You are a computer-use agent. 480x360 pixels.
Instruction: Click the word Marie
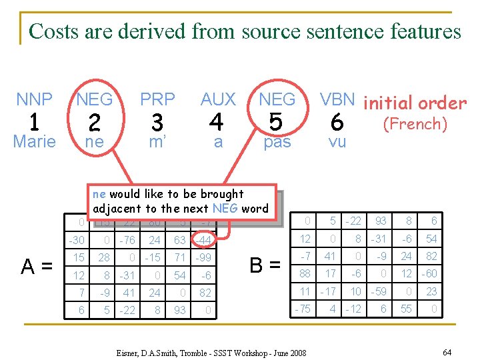tap(34, 142)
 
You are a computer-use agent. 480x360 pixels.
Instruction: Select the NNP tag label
tap(34, 100)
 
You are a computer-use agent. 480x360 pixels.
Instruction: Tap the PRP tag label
tap(157, 100)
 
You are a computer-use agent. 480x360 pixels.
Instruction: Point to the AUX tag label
tap(218, 100)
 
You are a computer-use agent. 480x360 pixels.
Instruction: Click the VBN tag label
tap(337, 100)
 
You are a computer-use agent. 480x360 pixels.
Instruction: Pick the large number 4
tap(216, 123)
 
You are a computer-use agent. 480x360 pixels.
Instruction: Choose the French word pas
tap(277, 143)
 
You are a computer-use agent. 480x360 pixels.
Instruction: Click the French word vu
tap(337, 142)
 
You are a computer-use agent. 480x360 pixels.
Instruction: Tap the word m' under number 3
tap(157, 142)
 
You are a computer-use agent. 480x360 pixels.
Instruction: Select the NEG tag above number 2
tap(95, 100)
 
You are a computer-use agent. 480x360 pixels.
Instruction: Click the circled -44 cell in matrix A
tap(203, 240)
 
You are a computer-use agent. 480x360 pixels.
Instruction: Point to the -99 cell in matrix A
tap(203, 257)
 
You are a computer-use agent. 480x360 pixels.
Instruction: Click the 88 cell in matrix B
tap(306, 273)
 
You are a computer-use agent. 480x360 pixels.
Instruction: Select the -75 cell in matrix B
tap(304, 309)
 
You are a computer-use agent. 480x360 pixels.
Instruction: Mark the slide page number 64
tap(446, 351)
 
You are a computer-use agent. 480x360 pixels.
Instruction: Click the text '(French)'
tap(414, 123)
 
